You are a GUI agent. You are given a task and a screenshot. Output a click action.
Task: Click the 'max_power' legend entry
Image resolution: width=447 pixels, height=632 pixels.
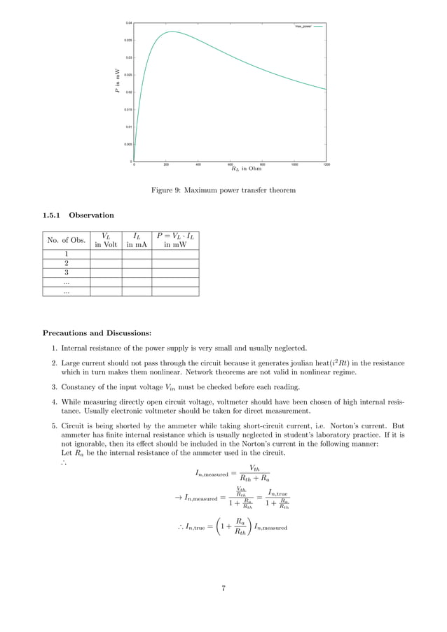[x=302, y=26]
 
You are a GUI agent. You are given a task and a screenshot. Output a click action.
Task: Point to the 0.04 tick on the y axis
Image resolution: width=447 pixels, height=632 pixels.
[x=128, y=23]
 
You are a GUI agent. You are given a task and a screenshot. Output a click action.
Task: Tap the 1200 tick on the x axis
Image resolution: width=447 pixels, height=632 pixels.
[x=326, y=165]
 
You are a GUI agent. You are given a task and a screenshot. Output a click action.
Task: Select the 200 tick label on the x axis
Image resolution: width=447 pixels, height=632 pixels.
[x=166, y=165]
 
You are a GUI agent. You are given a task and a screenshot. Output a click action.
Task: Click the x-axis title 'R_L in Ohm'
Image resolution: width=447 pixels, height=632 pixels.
[x=245, y=169]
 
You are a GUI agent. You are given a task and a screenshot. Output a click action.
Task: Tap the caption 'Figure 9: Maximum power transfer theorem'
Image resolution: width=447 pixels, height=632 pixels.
[x=224, y=190]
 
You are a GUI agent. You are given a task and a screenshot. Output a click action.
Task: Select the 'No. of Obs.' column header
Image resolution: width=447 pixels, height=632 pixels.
[x=66, y=241]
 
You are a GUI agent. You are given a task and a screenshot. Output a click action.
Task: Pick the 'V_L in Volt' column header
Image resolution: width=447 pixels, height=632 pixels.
[x=105, y=241]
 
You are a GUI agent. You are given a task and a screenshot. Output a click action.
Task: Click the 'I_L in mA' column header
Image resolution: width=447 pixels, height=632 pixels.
[x=137, y=241]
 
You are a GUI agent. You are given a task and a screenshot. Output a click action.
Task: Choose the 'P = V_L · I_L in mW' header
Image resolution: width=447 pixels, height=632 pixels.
[x=175, y=241]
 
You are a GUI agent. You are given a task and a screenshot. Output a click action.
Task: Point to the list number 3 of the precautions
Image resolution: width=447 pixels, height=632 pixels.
[x=54, y=386]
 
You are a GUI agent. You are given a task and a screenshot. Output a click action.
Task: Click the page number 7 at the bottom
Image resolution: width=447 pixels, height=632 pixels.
[x=224, y=589]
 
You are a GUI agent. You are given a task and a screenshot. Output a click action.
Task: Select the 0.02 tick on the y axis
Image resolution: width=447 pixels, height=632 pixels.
[x=128, y=92]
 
